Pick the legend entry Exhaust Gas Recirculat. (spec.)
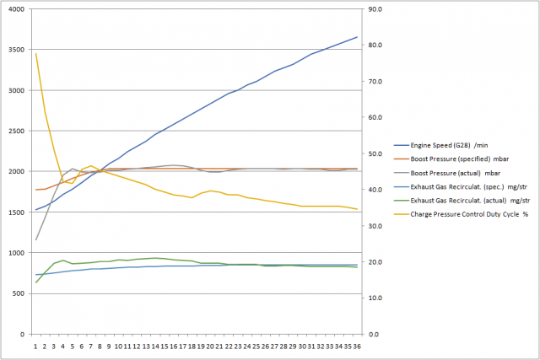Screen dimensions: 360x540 [x=456, y=185]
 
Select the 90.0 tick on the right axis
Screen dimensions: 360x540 [x=373, y=10]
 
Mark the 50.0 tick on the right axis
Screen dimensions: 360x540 [x=373, y=154]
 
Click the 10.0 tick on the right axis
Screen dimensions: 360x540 [x=373, y=298]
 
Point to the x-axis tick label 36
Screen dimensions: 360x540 [x=357, y=345]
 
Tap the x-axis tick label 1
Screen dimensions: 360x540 [x=36, y=345]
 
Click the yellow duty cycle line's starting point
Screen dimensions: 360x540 [x=36, y=54]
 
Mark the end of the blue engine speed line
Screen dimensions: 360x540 [x=357, y=37]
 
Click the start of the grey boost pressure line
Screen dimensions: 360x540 [x=36, y=240]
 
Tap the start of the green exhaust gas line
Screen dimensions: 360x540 [x=36, y=282]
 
